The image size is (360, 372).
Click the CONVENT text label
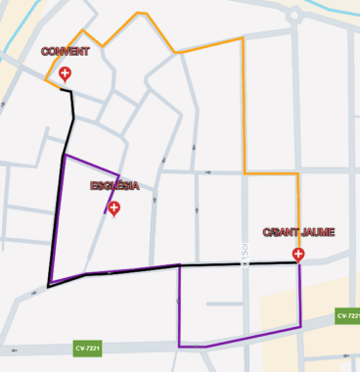[65, 51]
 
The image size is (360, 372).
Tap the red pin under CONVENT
[65, 73]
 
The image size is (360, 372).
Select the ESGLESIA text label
[114, 186]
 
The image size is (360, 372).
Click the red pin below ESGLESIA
[114, 208]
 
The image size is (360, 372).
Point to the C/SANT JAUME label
[298, 232]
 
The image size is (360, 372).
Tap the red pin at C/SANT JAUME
[298, 254]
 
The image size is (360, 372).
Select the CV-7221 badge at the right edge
[348, 315]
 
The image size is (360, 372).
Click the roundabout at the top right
[293, 15]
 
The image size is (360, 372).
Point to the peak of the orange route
[140, 13]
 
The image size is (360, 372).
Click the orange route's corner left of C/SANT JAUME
[244, 174]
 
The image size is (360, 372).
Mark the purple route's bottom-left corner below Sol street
[180, 346]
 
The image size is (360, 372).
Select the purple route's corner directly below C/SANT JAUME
[300, 326]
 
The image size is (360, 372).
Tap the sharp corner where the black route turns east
[49, 286]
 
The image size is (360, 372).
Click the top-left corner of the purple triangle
[65, 155]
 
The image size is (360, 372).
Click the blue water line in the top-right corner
[337, 12]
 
